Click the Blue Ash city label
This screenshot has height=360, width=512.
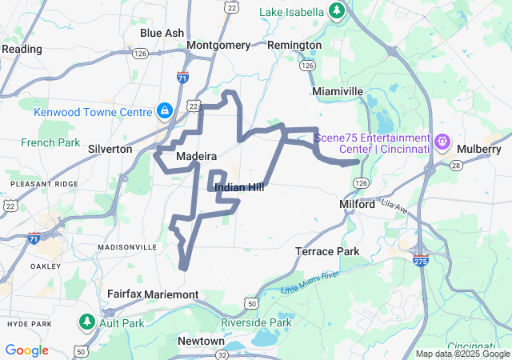click(162, 33)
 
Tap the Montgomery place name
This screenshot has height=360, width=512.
click(218, 45)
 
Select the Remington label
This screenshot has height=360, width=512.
click(294, 45)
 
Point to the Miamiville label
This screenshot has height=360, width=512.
click(338, 91)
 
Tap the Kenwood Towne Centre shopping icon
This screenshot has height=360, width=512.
click(164, 110)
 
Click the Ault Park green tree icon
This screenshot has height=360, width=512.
click(86, 322)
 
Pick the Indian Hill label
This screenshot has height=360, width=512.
click(239, 187)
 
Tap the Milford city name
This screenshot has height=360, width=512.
click(357, 204)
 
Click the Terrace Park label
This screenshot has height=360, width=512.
click(327, 251)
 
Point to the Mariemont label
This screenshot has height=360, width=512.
click(172, 294)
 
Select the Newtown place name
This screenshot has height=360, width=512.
click(201, 341)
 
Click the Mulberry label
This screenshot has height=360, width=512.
click(478, 149)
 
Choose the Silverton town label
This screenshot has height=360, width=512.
click(110, 149)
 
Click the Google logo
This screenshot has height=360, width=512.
click(26, 350)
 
